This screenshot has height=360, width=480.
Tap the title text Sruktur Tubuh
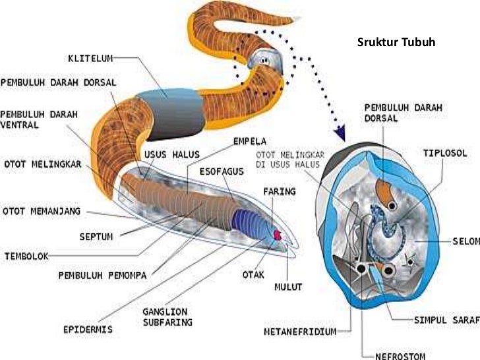396,44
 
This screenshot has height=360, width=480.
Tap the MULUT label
288,287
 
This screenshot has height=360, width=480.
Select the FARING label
279,192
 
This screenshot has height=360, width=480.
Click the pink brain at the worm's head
277,234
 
